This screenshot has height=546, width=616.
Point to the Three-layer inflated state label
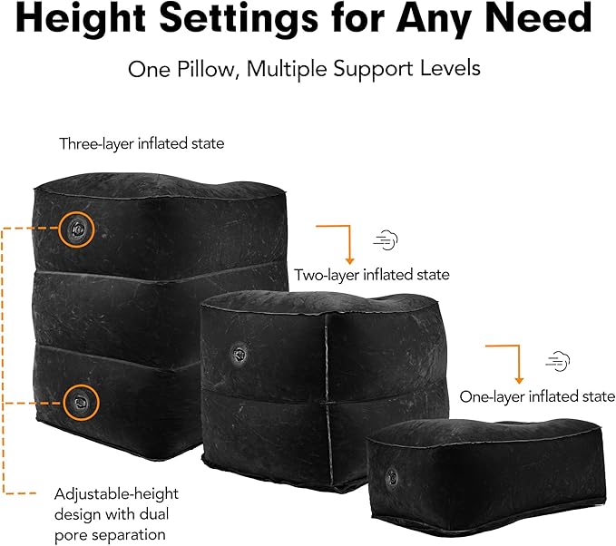(x=142, y=144)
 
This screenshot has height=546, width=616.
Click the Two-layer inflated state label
(x=372, y=275)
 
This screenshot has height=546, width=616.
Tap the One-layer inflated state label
(x=537, y=396)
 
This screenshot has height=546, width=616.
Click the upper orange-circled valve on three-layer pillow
(x=76, y=229)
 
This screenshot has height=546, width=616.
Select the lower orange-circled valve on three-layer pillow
(x=81, y=402)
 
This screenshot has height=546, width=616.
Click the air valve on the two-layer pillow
(x=239, y=354)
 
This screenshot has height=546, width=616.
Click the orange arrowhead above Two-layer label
(x=349, y=261)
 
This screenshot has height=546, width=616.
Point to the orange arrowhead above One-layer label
(x=519, y=380)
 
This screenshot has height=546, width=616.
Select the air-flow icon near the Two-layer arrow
(x=386, y=239)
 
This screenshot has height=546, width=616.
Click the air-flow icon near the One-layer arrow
(x=557, y=361)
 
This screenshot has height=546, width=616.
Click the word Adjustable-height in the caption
(x=116, y=494)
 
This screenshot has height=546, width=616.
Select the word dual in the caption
(x=153, y=514)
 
